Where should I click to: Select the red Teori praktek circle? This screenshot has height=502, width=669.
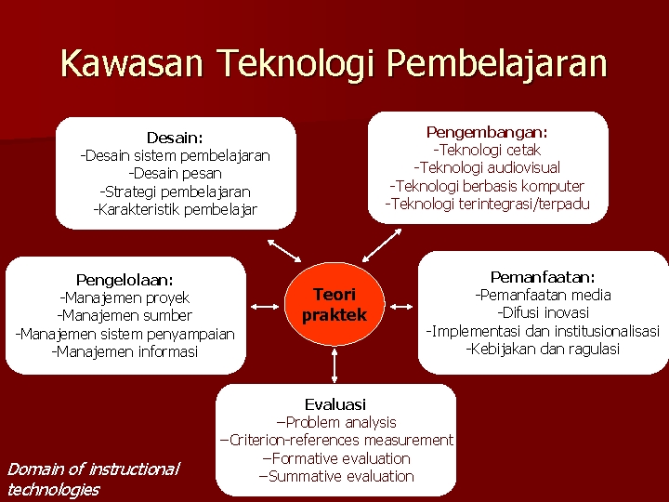pos(334,305)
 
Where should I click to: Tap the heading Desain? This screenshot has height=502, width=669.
pos(175,138)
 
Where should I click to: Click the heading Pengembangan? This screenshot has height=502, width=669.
pos(487,132)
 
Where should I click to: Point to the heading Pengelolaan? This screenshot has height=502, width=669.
pos(125,280)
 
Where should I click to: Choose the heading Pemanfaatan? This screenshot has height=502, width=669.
pos(543,277)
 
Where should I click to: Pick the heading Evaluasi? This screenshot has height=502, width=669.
pos(335,404)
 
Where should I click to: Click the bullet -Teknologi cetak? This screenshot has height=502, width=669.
pos(487,150)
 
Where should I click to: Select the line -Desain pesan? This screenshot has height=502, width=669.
pos(175,174)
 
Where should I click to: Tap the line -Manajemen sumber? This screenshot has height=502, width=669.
pos(125,316)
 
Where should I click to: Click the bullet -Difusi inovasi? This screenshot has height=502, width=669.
pos(543,313)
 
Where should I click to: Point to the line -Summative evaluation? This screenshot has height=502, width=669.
pos(335,477)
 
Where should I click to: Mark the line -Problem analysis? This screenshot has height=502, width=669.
pos(335,423)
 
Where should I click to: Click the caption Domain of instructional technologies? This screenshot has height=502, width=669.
pos(93,479)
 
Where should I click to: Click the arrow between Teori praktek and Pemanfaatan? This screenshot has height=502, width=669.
pos(401,305)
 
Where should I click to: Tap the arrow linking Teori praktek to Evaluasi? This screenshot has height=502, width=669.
pos(334,365)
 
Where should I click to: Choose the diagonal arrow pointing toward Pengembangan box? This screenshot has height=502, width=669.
pos(379,245)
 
